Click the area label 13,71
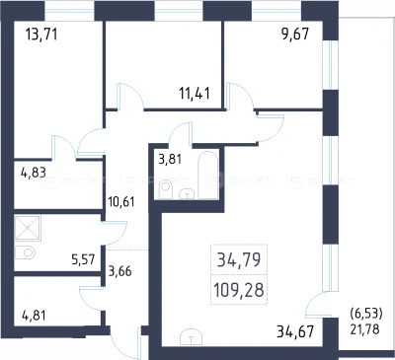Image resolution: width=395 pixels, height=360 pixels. (41, 34)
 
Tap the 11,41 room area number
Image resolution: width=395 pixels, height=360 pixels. (195, 93)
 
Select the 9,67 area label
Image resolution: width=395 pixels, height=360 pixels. (295, 34)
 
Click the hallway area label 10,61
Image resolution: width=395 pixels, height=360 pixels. (121, 201)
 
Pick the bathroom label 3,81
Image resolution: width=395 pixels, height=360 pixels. (170, 160)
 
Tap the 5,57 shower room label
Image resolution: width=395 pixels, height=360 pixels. (83, 259)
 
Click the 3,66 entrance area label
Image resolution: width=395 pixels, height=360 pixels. (119, 271)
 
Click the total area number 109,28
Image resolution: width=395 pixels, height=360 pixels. (239, 290)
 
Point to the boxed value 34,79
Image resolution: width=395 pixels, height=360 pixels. (239, 260)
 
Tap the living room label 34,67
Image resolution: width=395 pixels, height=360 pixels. (295, 331)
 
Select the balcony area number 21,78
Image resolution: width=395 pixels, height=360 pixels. (364, 328)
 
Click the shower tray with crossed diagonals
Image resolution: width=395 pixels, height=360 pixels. (28, 228)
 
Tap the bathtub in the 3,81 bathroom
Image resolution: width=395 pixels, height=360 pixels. (208, 175)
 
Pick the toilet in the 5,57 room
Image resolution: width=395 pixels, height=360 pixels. (26, 252)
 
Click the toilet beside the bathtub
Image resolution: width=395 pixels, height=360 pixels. (165, 190)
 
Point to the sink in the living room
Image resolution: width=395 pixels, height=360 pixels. (192, 337)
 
